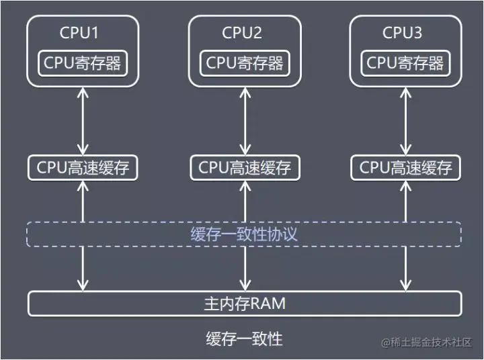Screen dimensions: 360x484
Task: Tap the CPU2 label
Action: [x=242, y=32]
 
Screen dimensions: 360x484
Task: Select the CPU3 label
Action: [x=403, y=32]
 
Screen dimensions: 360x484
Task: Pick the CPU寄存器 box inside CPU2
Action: [x=245, y=63]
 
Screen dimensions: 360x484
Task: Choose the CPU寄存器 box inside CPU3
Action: [x=405, y=63]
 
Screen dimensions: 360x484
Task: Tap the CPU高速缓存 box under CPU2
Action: [x=245, y=167]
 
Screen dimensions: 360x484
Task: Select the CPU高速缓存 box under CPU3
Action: [x=405, y=167]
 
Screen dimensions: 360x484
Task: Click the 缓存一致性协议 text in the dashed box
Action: [x=244, y=234]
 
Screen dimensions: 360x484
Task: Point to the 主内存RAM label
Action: [x=244, y=304]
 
